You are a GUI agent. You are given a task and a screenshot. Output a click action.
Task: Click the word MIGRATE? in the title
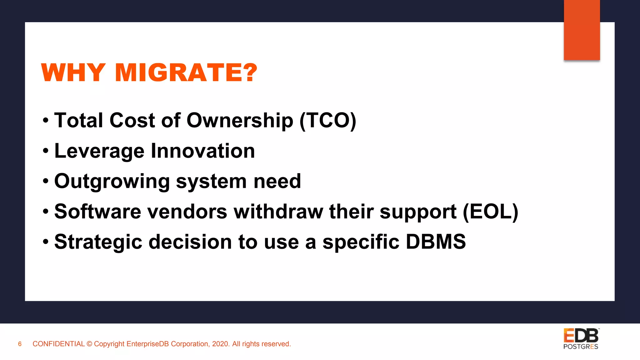(x=186, y=72)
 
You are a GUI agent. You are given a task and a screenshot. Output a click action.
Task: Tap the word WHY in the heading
(x=73, y=72)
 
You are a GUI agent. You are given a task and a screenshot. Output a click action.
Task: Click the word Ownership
(x=240, y=121)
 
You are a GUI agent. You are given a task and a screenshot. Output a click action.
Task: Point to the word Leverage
(x=99, y=151)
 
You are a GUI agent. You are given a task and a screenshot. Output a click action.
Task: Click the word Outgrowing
(x=112, y=182)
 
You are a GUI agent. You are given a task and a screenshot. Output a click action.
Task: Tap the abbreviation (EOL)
(x=490, y=212)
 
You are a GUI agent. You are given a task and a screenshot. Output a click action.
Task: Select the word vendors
(x=187, y=212)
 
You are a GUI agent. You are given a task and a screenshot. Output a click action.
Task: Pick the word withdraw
(x=278, y=212)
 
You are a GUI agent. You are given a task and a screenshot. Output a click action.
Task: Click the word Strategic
(x=98, y=242)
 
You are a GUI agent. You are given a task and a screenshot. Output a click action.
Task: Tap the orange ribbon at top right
(x=582, y=30)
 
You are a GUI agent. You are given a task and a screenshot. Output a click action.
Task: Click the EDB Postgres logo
(x=581, y=339)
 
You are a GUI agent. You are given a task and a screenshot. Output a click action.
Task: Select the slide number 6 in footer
(x=20, y=344)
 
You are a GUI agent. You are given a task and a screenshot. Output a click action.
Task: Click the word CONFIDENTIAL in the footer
(x=58, y=344)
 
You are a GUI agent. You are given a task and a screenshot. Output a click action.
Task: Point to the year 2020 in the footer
(x=220, y=344)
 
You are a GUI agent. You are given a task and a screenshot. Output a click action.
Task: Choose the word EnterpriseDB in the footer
(x=147, y=344)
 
